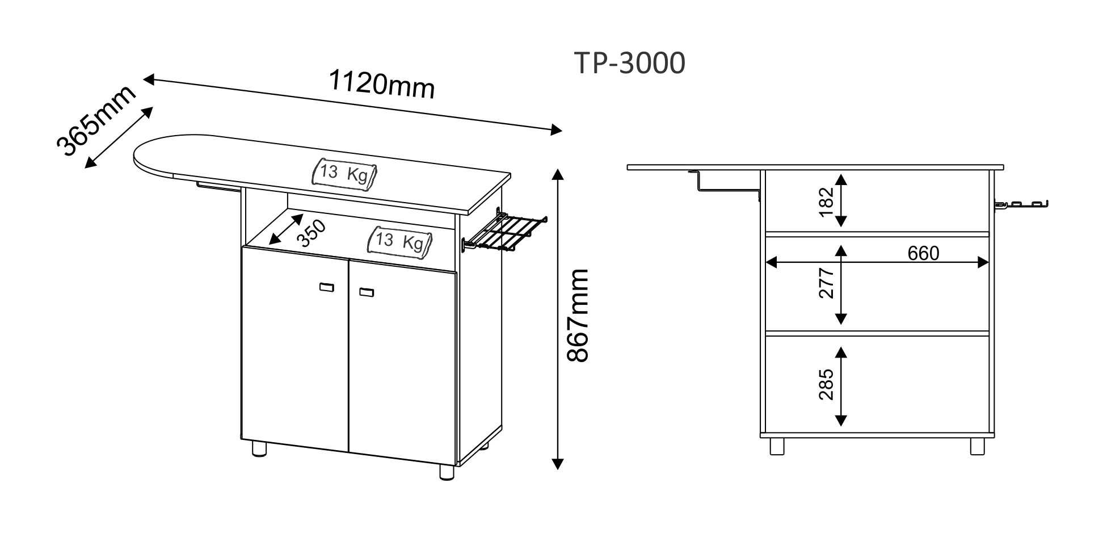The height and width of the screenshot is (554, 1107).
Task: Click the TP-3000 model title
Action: (x=630, y=63)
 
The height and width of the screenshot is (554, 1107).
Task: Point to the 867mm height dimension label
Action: (x=578, y=316)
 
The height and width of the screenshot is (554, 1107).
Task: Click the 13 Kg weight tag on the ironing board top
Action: (x=344, y=173)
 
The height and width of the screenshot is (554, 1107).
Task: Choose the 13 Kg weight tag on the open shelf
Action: (x=400, y=241)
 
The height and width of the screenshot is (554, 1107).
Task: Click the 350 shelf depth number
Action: (x=312, y=233)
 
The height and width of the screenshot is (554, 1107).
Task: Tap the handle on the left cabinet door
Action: (x=326, y=287)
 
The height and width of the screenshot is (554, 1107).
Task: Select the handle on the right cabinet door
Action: (x=367, y=292)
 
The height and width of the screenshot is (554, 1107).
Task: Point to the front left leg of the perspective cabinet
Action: (x=259, y=448)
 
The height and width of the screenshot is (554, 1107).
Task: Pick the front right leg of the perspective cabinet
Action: (x=447, y=472)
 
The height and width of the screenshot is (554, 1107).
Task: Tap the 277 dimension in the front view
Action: (x=826, y=283)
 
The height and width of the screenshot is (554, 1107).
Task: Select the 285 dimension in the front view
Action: (x=826, y=384)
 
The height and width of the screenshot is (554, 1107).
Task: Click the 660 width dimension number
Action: (x=923, y=253)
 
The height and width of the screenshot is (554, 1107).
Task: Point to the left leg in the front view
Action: (x=777, y=446)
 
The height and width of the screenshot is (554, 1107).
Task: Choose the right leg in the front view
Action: (x=978, y=446)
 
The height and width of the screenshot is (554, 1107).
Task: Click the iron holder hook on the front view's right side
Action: (x=1021, y=204)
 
